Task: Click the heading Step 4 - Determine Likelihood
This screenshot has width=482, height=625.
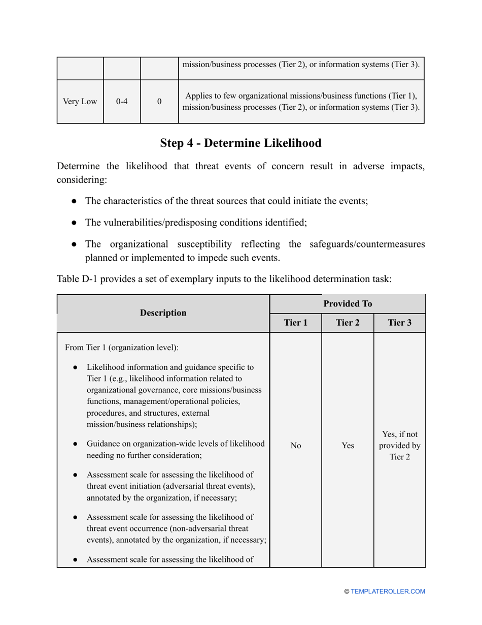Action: tap(240, 143)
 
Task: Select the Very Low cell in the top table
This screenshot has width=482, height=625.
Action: tap(80, 101)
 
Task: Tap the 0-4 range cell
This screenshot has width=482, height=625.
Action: tap(122, 101)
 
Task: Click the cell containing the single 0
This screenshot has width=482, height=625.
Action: tap(159, 101)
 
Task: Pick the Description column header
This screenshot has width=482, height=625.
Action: tap(163, 313)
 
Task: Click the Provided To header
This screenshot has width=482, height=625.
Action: tap(348, 304)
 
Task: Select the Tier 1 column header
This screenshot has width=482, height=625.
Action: tap(295, 323)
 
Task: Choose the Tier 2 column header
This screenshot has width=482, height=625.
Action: tap(348, 323)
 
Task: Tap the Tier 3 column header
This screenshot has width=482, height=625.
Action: tap(399, 323)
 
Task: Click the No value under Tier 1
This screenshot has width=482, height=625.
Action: tap(295, 446)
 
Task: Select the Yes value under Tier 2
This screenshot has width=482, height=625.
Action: tap(348, 446)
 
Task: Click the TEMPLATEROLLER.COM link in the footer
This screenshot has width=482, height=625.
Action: tap(388, 591)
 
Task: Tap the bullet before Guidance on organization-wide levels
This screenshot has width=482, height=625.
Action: tap(75, 444)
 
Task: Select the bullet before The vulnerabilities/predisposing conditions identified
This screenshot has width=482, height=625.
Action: tap(75, 222)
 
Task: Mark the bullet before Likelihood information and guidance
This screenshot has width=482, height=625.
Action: tap(75, 367)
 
